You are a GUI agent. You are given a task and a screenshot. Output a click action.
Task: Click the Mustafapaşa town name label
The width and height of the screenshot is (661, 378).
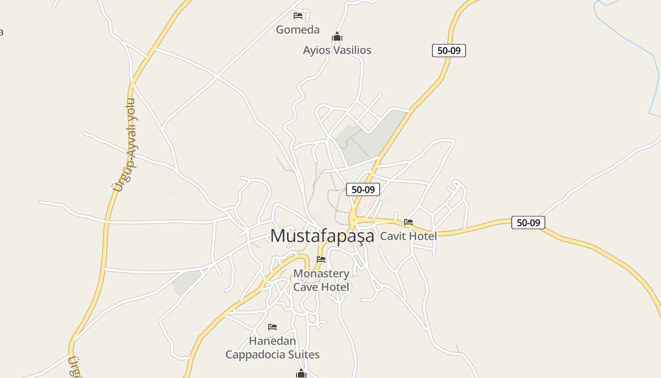click(322, 236)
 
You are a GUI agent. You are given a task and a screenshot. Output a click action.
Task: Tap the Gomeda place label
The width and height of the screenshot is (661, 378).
click(297, 30)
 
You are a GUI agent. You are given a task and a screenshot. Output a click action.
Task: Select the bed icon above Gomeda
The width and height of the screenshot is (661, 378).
click(298, 16)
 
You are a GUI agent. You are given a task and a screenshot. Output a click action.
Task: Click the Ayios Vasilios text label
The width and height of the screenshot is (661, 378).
click(337, 50)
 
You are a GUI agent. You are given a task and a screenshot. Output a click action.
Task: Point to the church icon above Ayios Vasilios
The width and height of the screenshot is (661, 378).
click(337, 37)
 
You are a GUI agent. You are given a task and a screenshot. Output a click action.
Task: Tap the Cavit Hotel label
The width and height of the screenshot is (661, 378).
click(408, 236)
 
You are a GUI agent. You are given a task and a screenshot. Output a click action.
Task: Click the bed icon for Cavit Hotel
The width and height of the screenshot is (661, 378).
click(408, 222)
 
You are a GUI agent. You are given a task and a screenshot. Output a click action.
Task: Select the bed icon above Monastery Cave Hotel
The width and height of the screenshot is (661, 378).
click(321, 259)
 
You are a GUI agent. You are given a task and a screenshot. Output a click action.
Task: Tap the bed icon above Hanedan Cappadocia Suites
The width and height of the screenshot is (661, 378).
click(272, 327)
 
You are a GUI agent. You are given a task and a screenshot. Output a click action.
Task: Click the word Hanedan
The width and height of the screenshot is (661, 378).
click(272, 341)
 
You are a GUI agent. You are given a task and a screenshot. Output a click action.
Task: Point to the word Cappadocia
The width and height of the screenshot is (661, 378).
click(256, 354)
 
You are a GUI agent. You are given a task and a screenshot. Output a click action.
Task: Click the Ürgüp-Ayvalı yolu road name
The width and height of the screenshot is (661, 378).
click(126, 144)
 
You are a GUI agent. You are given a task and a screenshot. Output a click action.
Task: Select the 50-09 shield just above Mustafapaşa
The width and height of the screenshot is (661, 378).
click(363, 189)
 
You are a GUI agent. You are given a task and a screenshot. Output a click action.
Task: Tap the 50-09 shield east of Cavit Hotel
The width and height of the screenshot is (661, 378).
click(528, 223)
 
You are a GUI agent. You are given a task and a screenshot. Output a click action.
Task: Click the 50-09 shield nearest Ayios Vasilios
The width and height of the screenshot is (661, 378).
click(449, 51)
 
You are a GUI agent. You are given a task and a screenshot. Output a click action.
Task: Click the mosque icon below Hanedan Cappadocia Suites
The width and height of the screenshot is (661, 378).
click(301, 374)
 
